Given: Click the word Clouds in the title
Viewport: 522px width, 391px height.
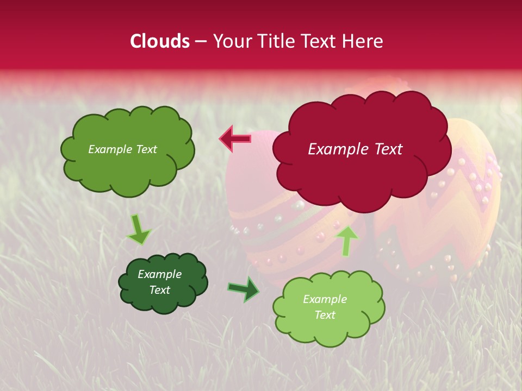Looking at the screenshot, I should (x=160, y=41).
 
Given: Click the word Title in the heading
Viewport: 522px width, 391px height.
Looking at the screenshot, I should (x=278, y=41).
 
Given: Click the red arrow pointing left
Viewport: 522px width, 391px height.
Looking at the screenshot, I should (x=235, y=139).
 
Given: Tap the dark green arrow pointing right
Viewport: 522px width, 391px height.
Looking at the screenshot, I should (x=244, y=289).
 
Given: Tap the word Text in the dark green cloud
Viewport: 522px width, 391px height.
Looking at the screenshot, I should (x=159, y=290).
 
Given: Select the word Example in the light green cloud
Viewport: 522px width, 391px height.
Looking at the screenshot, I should (x=325, y=299).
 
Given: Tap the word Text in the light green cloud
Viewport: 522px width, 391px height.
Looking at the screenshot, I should (x=325, y=315).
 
